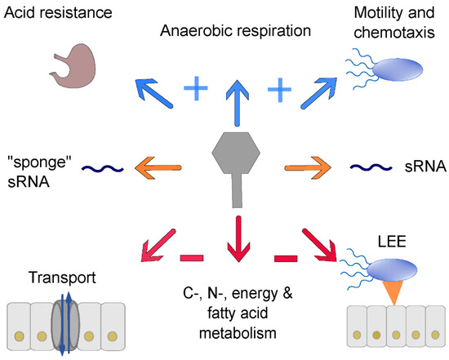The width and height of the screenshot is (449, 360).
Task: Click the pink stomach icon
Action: coord(73,64)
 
